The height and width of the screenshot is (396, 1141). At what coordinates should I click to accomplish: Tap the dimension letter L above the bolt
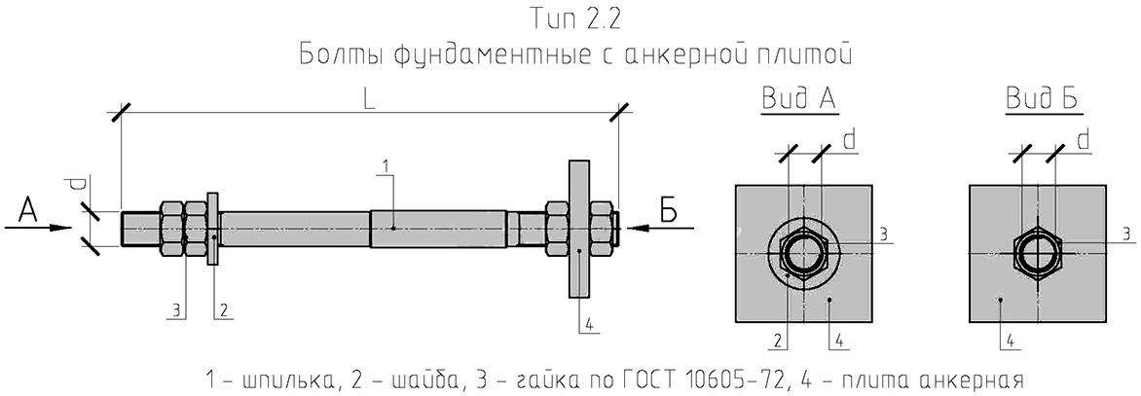(x=370, y=102)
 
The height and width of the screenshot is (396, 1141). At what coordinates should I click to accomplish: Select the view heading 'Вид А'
(x=798, y=100)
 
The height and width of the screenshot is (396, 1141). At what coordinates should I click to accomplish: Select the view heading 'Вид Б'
(x=1042, y=99)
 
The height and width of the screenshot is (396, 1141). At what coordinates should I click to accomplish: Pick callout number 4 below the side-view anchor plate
(x=589, y=325)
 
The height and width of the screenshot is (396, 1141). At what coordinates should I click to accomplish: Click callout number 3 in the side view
(x=175, y=311)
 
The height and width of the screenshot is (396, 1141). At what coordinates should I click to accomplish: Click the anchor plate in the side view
(x=578, y=229)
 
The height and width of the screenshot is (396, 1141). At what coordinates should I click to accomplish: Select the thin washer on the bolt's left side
(x=212, y=228)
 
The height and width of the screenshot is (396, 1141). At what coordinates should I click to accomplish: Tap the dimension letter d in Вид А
(x=849, y=140)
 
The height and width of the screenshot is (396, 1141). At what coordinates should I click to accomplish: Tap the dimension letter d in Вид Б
(x=1084, y=140)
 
